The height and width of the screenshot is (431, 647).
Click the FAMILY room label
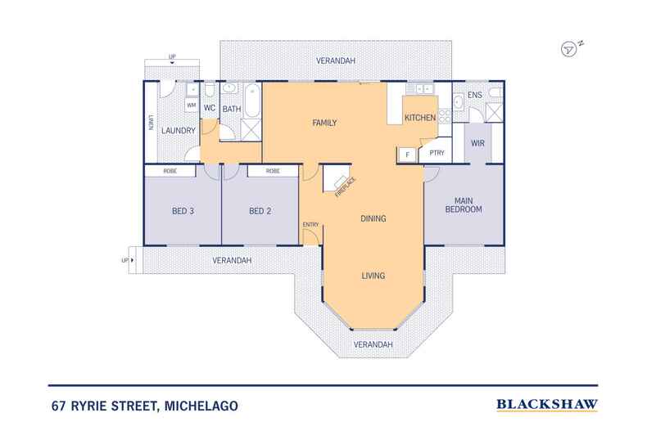[325, 123]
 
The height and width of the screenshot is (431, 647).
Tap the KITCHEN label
[420, 119]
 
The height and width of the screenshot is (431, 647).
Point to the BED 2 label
[260, 211]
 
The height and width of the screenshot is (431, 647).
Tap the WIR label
[478, 143]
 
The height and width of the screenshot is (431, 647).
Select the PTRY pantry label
[437, 153]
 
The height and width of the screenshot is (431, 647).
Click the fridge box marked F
[406, 153]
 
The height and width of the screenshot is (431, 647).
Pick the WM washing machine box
[191, 105]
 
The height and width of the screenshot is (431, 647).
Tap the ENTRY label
[310, 224]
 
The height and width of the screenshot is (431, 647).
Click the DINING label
[373, 219]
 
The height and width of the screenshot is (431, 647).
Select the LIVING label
[373, 276]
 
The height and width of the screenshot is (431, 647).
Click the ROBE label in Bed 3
[170, 171]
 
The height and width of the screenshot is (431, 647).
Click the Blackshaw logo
[546, 404]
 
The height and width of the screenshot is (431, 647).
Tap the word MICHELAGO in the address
[201, 405]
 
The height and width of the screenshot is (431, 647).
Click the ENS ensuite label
[473, 97]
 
